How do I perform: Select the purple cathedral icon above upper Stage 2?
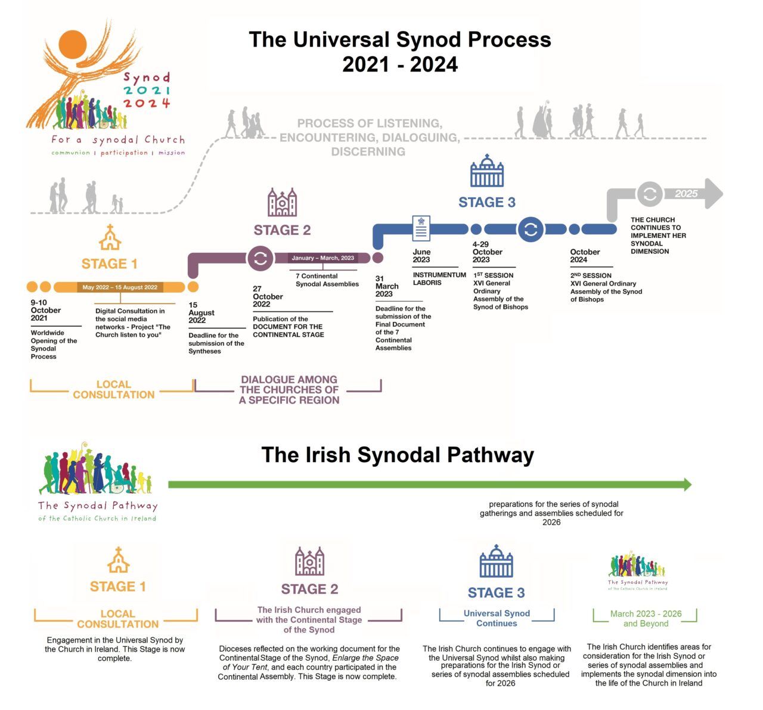click(x=282, y=203)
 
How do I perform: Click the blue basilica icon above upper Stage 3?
click(x=487, y=171)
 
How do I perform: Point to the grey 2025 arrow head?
click(x=713, y=193)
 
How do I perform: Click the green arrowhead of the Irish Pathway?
click(x=687, y=485)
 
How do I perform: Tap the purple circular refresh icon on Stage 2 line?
click(x=260, y=258)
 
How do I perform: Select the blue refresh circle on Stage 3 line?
click(x=530, y=229)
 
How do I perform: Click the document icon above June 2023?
click(x=421, y=228)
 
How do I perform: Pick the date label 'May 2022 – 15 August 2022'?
click(x=120, y=287)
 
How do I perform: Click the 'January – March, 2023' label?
click(x=322, y=258)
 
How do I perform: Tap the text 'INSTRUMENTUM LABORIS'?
click(x=439, y=278)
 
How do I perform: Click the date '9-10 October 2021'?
click(x=46, y=310)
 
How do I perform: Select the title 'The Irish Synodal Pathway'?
click(x=398, y=455)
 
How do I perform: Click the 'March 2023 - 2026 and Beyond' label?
click(x=646, y=618)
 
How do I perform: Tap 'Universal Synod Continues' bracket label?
click(x=497, y=618)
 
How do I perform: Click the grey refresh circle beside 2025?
click(x=649, y=194)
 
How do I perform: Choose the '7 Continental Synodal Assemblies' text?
click(x=327, y=280)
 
